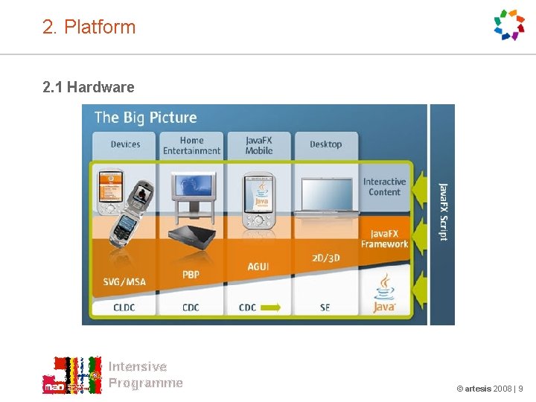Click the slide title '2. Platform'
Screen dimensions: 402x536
pyautogui.click(x=89, y=28)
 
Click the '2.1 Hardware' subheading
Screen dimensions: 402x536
pyautogui.click(x=89, y=87)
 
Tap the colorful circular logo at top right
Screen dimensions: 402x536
pyautogui.click(x=510, y=25)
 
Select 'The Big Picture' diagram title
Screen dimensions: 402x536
pyautogui.click(x=145, y=118)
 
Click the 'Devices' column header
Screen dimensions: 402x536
pyautogui.click(x=125, y=144)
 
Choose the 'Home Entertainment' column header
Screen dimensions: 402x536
pyautogui.click(x=191, y=145)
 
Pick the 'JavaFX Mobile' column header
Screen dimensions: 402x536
pyautogui.click(x=258, y=145)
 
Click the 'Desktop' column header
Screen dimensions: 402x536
pyautogui.click(x=325, y=144)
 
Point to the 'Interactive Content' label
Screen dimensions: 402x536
pyautogui.click(x=384, y=187)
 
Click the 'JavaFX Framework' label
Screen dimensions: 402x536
pyautogui.click(x=384, y=238)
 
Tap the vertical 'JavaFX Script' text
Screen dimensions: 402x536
pyautogui.click(x=444, y=211)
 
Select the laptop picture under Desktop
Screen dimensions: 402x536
pyautogui.click(x=325, y=196)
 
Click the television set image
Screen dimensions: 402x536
pyautogui.click(x=191, y=190)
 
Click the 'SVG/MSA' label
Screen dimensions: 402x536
pyautogui.click(x=124, y=281)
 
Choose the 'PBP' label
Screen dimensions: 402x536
pyautogui.click(x=191, y=275)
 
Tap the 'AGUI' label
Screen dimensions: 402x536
pyautogui.click(x=258, y=267)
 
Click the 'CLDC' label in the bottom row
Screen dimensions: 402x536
pyautogui.click(x=124, y=307)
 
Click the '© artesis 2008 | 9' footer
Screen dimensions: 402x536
pyautogui.click(x=489, y=389)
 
